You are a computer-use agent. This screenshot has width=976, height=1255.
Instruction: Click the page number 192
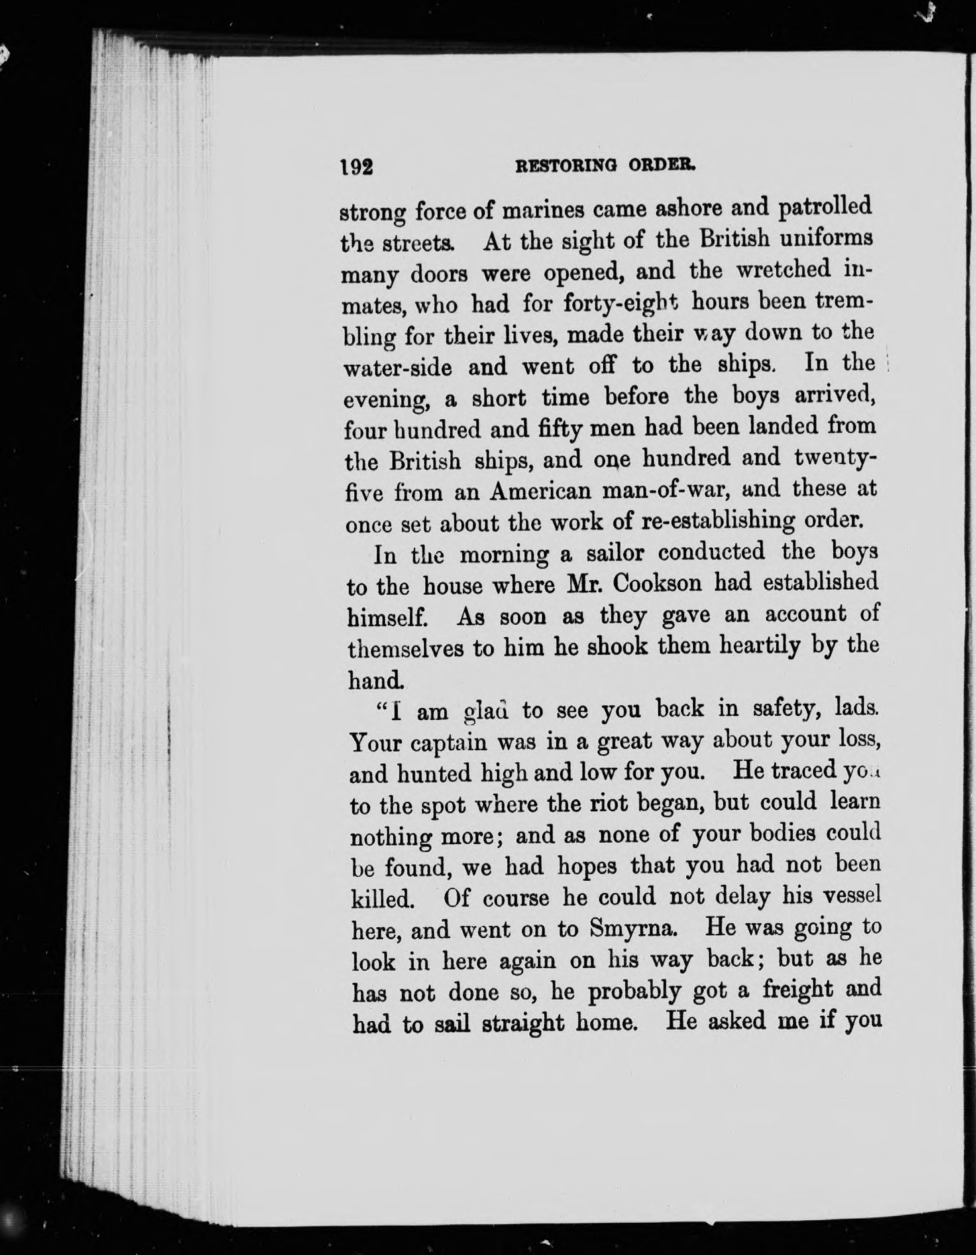coord(356,166)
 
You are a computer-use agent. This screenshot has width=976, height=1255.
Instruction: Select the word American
coord(541,491)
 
